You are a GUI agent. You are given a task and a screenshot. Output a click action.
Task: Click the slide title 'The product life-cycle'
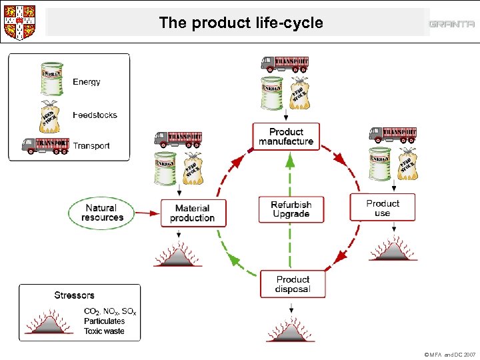[x=241, y=23]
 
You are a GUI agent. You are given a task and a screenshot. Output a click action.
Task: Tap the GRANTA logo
[x=451, y=24]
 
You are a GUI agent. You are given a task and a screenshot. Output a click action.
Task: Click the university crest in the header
[x=19, y=23]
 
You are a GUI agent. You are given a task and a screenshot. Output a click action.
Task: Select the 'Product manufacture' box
[x=286, y=137]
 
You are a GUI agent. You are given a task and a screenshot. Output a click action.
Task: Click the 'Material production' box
[x=193, y=213]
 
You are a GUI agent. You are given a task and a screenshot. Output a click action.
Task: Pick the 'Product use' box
[x=383, y=208]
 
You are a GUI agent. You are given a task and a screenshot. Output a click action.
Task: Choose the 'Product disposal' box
[x=293, y=284]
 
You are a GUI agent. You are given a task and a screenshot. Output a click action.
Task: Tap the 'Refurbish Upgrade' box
[x=291, y=209]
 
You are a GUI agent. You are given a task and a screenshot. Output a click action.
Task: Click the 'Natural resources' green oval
[x=103, y=213]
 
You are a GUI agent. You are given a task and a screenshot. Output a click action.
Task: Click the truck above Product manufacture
[x=285, y=63]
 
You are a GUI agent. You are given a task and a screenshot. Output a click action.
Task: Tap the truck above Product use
[x=393, y=134]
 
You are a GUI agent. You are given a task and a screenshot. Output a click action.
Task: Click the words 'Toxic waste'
[x=104, y=331]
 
